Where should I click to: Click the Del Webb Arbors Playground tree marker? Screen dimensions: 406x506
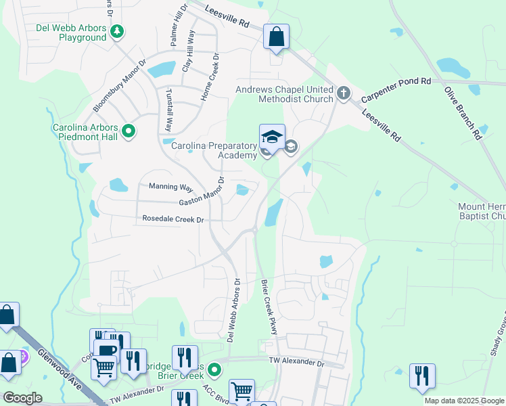click(x=118, y=31)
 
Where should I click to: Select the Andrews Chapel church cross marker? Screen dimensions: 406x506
click(x=344, y=92)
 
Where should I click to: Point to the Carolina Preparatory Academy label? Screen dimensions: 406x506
click(x=214, y=150)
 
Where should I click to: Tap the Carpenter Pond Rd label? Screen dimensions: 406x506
click(x=396, y=90)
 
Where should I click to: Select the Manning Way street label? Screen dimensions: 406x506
click(x=166, y=187)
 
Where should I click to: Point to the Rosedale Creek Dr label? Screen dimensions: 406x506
click(x=173, y=219)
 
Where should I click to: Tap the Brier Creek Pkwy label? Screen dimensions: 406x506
click(x=270, y=307)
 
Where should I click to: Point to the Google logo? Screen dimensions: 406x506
click(x=22, y=398)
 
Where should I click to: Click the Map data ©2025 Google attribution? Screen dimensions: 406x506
click(x=464, y=401)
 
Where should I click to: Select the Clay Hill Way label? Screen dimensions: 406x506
click(x=189, y=51)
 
